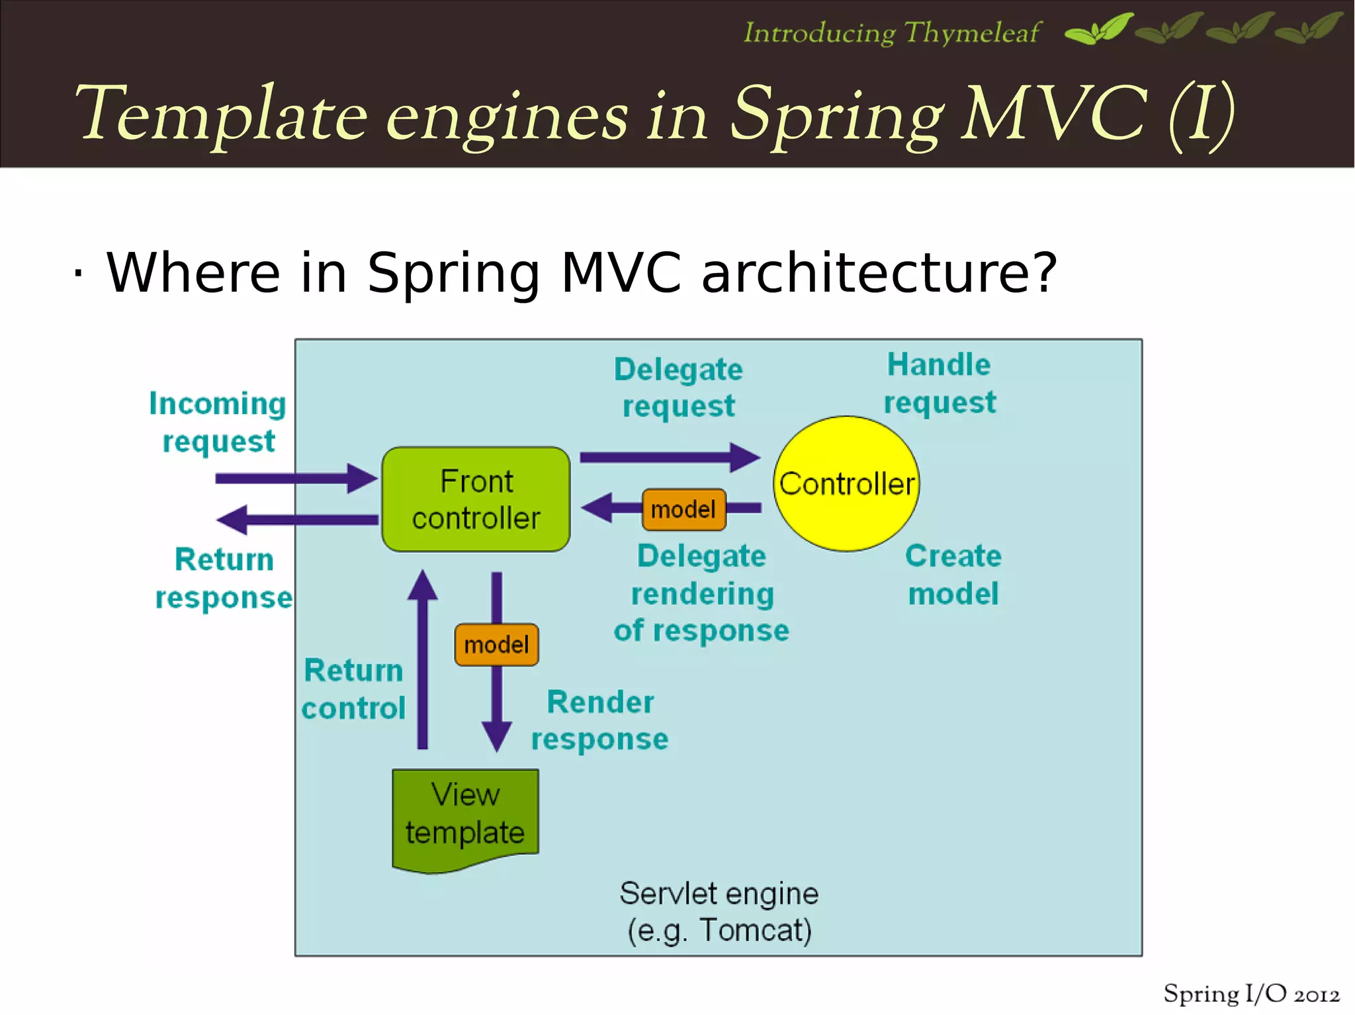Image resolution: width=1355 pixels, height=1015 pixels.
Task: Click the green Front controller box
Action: (x=476, y=499)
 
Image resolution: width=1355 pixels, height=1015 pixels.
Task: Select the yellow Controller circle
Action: (x=846, y=483)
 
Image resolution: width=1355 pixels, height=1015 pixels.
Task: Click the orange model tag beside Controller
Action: (x=683, y=509)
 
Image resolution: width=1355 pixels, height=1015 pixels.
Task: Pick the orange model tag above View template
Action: (x=496, y=644)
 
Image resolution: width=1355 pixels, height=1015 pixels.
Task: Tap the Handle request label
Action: (x=940, y=384)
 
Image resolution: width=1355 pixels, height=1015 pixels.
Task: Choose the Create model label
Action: (x=953, y=575)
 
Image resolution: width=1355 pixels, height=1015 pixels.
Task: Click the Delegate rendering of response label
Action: (x=701, y=593)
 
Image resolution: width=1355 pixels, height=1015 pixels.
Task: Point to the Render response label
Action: (x=599, y=720)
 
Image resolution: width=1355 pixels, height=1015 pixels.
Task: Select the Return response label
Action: (x=224, y=579)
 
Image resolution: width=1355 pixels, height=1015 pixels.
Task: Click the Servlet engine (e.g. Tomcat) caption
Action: (x=719, y=912)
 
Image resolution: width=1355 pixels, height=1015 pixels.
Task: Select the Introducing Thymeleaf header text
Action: (x=892, y=32)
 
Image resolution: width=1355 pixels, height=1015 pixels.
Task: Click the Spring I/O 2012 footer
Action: (x=1251, y=994)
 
